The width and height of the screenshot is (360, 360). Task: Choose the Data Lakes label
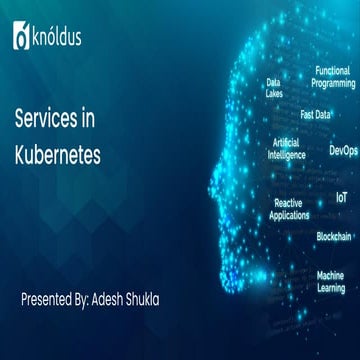tap(273, 88)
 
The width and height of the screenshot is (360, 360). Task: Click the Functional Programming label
tap(333, 77)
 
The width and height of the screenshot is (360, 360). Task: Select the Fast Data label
tap(315, 115)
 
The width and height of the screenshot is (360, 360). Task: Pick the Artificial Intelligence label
tap(287, 148)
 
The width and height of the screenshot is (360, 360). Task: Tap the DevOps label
tap(343, 151)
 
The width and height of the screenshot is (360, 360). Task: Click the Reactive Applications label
tap(289, 208)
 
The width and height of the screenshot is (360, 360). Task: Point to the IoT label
tap(342, 197)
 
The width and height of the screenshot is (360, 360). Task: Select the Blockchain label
tap(334, 236)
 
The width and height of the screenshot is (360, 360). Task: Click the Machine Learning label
tap(331, 280)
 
